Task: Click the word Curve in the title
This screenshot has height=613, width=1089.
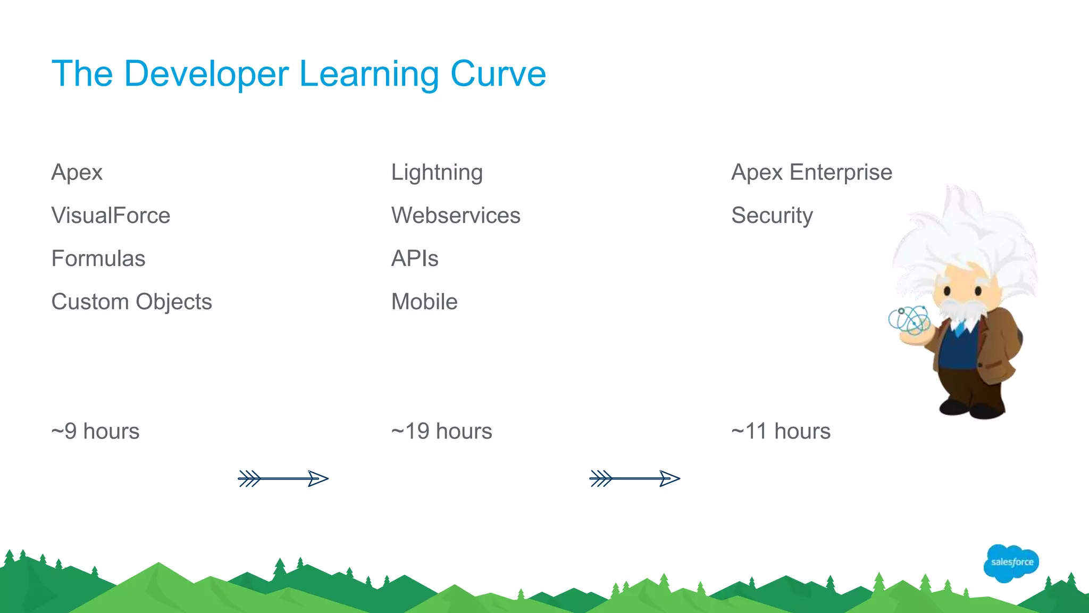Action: [x=498, y=73]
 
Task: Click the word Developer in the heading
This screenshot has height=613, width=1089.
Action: [x=206, y=74]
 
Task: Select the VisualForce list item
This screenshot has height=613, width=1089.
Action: [x=111, y=216]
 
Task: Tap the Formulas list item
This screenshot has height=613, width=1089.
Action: [x=98, y=259]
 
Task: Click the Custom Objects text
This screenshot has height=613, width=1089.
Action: [x=131, y=302]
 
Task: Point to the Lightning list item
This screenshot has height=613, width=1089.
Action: [x=437, y=172]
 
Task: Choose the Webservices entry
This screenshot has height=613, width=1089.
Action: [x=456, y=216]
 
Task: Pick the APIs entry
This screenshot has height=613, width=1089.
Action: [x=415, y=259]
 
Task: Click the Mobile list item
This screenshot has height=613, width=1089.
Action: [x=424, y=302]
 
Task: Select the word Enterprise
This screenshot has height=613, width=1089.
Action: [x=841, y=172]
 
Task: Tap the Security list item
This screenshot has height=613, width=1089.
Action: [x=772, y=216]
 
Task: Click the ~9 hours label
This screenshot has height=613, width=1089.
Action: [x=95, y=431]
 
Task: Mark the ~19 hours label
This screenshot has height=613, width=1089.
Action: [x=441, y=431]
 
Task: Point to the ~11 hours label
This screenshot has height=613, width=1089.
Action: [x=781, y=431]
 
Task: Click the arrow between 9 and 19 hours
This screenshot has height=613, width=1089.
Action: [x=283, y=478]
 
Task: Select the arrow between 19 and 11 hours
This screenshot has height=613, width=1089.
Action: [x=634, y=478]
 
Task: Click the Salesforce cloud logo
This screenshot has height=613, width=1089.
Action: [x=1011, y=563]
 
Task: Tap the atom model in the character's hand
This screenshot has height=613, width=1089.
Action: [x=909, y=321]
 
